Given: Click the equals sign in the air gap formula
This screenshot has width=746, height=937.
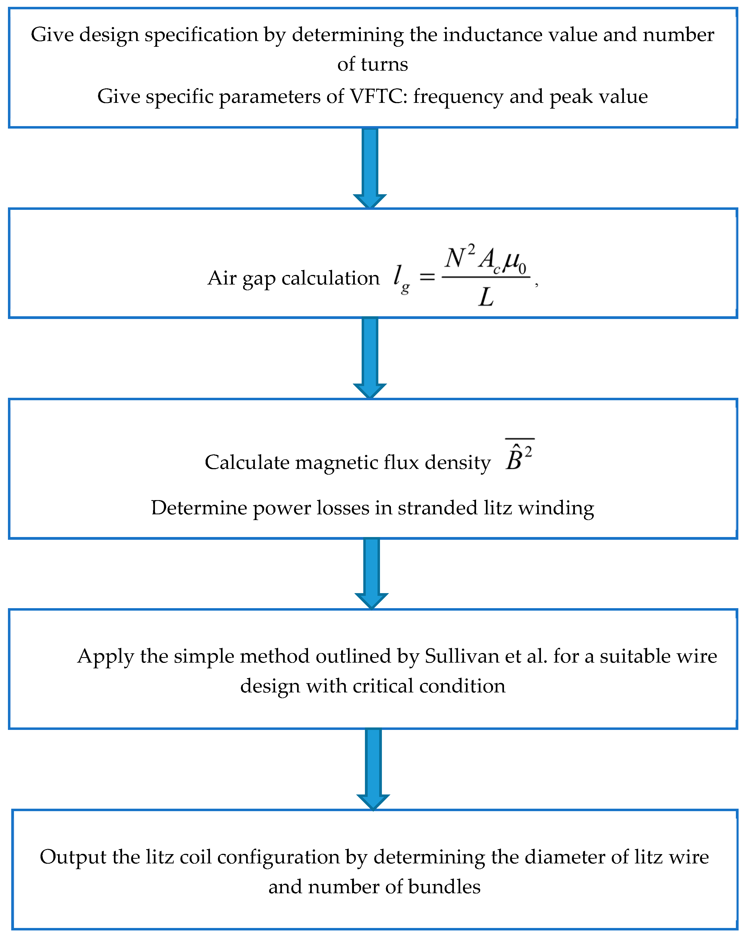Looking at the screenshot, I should [427, 276].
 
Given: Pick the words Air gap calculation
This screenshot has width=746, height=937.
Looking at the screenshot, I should [294, 278].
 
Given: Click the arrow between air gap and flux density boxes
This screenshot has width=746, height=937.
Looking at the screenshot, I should [370, 357].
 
